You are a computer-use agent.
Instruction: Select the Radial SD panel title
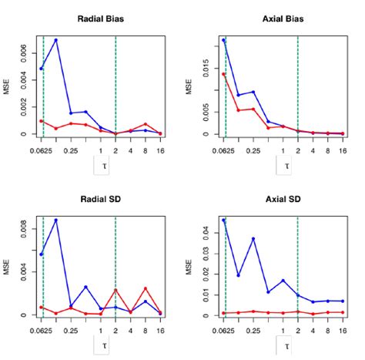click(x=100, y=200)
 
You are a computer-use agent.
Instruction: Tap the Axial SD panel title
click(x=283, y=200)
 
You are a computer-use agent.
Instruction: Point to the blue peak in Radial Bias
click(x=56, y=40)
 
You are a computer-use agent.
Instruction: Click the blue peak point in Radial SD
click(x=56, y=220)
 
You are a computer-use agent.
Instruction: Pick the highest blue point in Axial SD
click(x=224, y=220)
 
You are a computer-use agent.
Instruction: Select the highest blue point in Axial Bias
click(x=224, y=40)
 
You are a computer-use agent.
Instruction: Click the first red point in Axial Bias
click(x=224, y=75)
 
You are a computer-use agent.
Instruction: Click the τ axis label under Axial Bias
click(x=287, y=165)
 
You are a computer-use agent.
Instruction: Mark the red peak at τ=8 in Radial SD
click(x=145, y=288)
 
